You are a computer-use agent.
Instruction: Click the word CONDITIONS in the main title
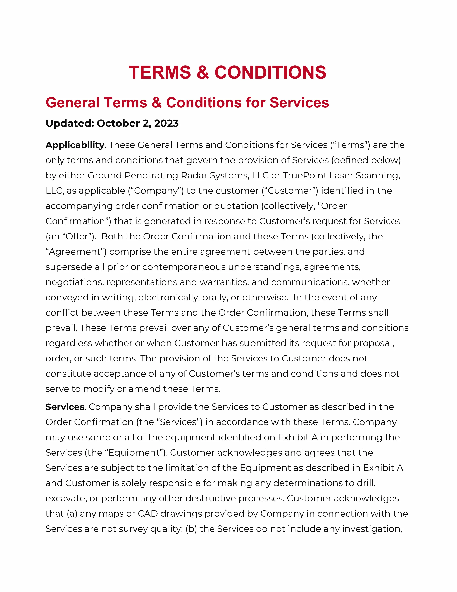[270, 73]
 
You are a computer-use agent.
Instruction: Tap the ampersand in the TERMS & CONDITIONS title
[203, 73]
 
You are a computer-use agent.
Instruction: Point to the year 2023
[166, 124]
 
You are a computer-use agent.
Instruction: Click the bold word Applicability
[75, 145]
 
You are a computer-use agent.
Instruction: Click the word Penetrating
[151, 176]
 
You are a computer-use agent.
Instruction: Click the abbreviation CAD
[148, 514]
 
